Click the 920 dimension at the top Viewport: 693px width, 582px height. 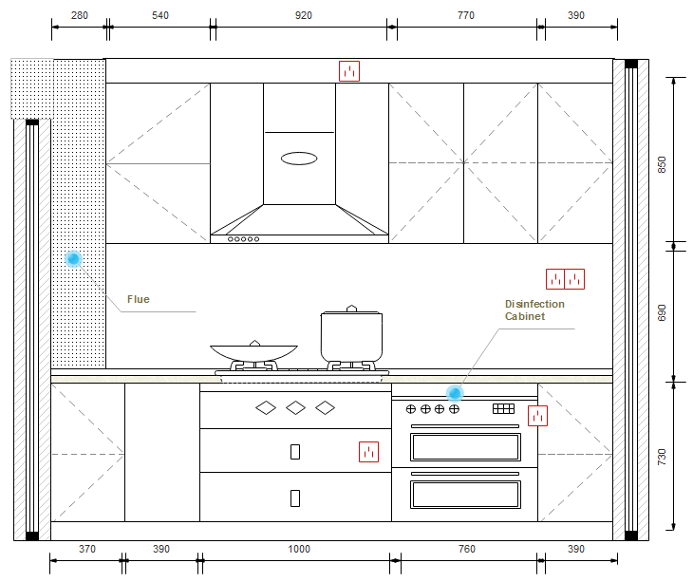(304, 15)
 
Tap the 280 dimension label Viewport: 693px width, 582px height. (80, 15)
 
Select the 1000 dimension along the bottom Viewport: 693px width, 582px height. (299, 549)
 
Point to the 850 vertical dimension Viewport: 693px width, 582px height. (662, 165)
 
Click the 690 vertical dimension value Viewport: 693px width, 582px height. (662, 313)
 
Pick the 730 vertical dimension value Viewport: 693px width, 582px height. (662, 457)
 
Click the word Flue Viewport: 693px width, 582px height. (139, 299)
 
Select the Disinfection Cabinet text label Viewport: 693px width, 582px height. (534, 310)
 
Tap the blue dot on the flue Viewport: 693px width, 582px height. (73, 258)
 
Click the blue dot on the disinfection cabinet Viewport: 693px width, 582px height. (455, 393)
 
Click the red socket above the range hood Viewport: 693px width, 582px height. (349, 71)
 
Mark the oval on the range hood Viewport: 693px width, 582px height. (299, 159)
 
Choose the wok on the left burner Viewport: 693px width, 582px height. (253, 351)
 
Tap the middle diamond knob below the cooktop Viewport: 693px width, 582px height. (295, 407)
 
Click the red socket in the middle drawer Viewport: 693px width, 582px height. (368, 452)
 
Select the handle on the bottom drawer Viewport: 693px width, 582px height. (295, 498)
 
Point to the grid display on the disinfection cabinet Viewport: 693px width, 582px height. (503, 408)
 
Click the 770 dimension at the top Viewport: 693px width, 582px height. (466, 15)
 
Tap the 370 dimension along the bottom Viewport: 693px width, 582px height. (87, 549)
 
